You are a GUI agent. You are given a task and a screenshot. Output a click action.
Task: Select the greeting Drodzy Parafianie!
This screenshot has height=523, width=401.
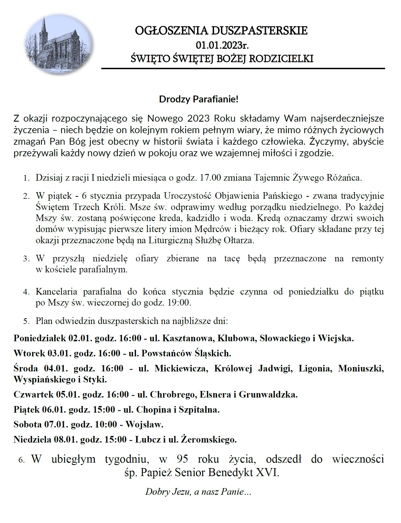click(199, 99)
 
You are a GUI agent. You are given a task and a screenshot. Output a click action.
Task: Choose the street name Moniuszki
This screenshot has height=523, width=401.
click(361, 368)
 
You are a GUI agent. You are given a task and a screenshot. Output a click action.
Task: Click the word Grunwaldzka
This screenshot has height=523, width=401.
click(268, 395)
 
